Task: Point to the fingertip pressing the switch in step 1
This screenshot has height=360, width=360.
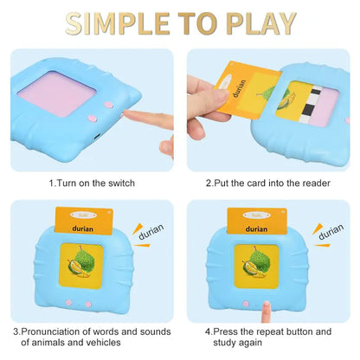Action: point(127,114)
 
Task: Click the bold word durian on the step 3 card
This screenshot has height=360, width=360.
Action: point(85,228)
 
